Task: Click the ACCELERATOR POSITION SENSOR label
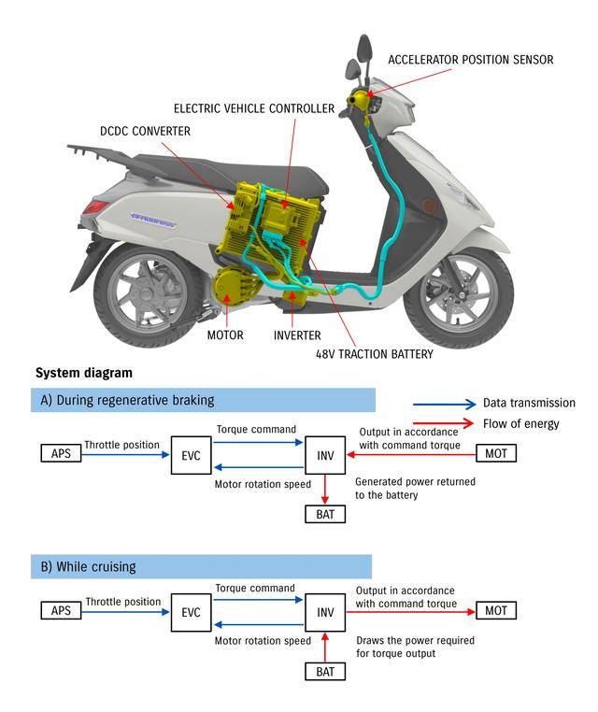pos(471,60)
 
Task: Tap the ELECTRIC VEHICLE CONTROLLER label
pos(254,109)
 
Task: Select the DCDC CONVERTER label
pos(145,132)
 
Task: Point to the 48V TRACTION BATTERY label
pos(375,355)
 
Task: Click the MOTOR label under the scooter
pos(225,335)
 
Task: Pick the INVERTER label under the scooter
pos(297,335)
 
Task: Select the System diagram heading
pos(84,373)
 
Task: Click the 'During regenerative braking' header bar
pos(203,400)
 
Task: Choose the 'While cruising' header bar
pos(201,566)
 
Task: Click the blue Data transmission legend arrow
pos(444,404)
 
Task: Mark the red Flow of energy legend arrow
pos(444,424)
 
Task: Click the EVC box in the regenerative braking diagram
pos(192,455)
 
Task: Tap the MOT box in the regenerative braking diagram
pos(495,454)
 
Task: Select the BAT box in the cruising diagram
pos(324,671)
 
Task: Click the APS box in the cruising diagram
pos(61,611)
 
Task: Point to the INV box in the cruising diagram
pos(325,612)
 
